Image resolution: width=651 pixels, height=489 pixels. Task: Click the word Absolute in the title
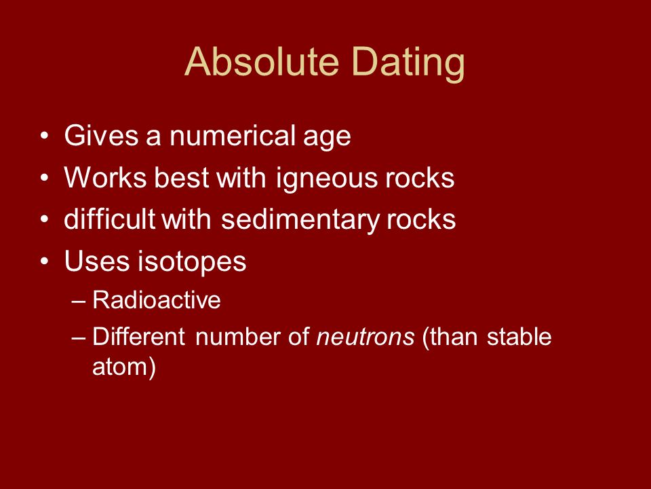[x=262, y=62]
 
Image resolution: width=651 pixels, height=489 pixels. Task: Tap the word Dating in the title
[x=408, y=63]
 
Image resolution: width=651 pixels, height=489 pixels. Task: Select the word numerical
[x=232, y=136]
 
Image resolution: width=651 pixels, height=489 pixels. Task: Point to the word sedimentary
[x=300, y=219]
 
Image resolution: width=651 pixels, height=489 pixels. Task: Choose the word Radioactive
[x=156, y=300]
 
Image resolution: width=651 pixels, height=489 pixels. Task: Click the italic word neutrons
[x=366, y=337]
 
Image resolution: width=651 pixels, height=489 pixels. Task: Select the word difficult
[x=110, y=219]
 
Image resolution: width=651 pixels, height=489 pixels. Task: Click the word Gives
[x=101, y=135]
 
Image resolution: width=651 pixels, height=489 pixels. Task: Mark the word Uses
[x=96, y=261]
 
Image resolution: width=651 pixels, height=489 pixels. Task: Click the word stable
[x=519, y=336]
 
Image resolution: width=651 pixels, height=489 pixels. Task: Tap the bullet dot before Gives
[x=45, y=136]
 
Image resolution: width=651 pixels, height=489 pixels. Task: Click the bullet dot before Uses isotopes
[x=45, y=261]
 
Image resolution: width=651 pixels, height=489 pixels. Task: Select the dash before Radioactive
[x=79, y=301]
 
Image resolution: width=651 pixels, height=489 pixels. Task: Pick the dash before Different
[x=79, y=338]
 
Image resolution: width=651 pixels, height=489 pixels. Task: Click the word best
[x=182, y=177]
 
